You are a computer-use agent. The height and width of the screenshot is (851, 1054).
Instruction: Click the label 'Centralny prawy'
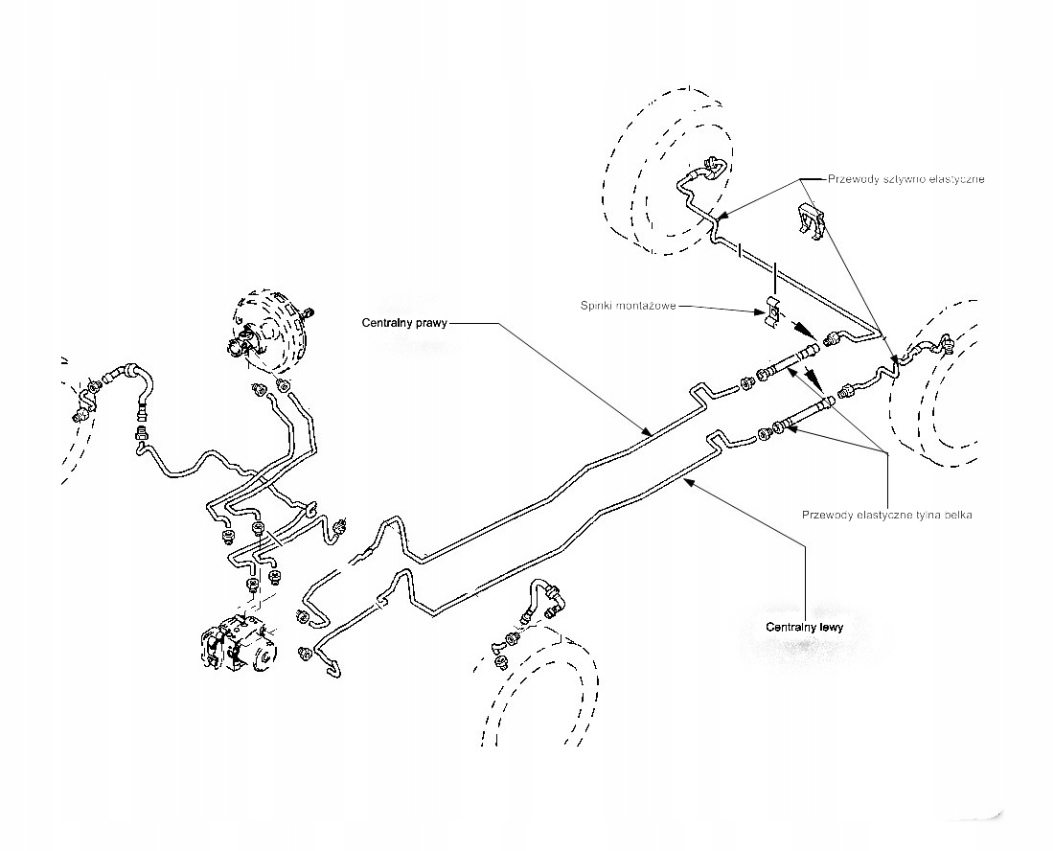coord(404,323)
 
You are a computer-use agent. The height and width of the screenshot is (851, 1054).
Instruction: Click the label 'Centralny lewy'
coord(805,627)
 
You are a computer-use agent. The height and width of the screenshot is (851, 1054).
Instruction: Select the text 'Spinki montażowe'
coord(628,306)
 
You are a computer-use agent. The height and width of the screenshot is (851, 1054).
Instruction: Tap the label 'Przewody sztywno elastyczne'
coord(906,179)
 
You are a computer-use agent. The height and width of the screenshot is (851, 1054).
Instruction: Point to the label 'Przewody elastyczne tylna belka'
coord(887,515)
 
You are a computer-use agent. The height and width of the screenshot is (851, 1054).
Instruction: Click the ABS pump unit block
coord(238,642)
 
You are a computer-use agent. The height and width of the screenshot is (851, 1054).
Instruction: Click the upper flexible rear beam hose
coord(790,361)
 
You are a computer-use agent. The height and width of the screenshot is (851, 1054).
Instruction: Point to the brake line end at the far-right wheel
coord(947,345)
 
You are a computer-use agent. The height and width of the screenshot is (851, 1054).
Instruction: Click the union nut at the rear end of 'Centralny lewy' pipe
coord(765,434)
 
